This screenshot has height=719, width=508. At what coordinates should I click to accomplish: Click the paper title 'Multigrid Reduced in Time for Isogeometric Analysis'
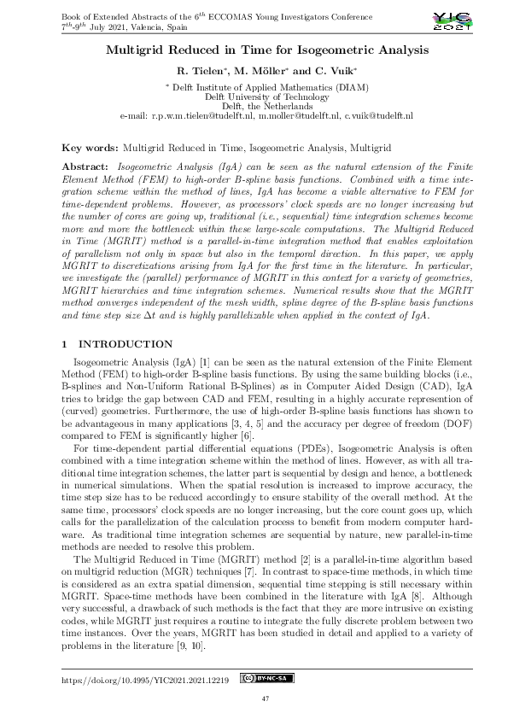coord(255,50)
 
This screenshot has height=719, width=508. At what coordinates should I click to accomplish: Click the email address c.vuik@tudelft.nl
coord(378,114)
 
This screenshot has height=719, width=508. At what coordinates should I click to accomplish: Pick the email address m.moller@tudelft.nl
coord(297,114)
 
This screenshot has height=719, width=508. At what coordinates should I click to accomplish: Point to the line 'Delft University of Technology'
coord(254,96)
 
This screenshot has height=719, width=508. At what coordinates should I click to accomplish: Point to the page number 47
coord(254,699)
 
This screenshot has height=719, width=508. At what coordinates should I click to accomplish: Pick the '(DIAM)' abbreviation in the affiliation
coord(324,87)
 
